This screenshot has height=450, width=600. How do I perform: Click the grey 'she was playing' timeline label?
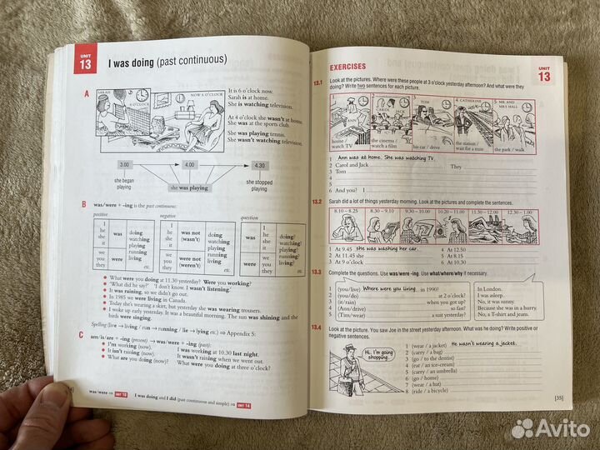pos(187,187)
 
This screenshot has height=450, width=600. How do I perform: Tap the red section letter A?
pos(85,95)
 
